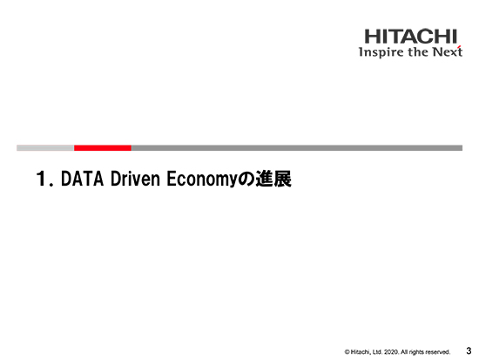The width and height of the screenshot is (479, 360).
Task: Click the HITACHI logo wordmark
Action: pyautogui.click(x=410, y=37)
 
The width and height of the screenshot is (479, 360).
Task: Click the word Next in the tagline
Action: pyautogui.click(x=448, y=51)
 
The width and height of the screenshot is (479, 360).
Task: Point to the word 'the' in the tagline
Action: pyautogui.click(x=419, y=51)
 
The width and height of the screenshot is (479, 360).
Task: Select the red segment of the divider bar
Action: pyautogui.click(x=103, y=148)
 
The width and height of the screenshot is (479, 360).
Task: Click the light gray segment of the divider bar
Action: pyautogui.click(x=45, y=148)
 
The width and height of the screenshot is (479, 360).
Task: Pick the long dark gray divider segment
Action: pyautogui.click(x=297, y=148)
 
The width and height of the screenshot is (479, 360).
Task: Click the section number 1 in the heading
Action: pyautogui.click(x=41, y=179)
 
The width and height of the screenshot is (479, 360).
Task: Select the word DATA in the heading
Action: pyautogui.click(x=82, y=179)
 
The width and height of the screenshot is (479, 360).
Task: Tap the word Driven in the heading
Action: pyautogui.click(x=135, y=179)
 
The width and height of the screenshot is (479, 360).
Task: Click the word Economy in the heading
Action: pyautogui.click(x=202, y=180)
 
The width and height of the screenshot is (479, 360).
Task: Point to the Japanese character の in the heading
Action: pyautogui.click(x=246, y=180)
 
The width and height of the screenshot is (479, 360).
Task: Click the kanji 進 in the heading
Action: pyautogui.click(x=264, y=179)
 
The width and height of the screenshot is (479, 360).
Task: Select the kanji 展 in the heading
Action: pyautogui.click(x=282, y=179)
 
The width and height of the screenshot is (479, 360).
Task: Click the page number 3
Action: pyautogui.click(x=469, y=350)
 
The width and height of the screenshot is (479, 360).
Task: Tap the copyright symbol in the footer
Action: pyautogui.click(x=347, y=352)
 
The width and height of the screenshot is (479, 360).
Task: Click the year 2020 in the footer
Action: pyautogui.click(x=391, y=352)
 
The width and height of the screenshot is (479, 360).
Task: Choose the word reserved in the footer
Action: pyautogui.click(x=438, y=352)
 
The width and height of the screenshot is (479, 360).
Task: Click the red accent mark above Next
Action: pyautogui.click(x=459, y=47)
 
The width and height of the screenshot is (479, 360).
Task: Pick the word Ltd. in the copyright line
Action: pyautogui.click(x=378, y=352)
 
